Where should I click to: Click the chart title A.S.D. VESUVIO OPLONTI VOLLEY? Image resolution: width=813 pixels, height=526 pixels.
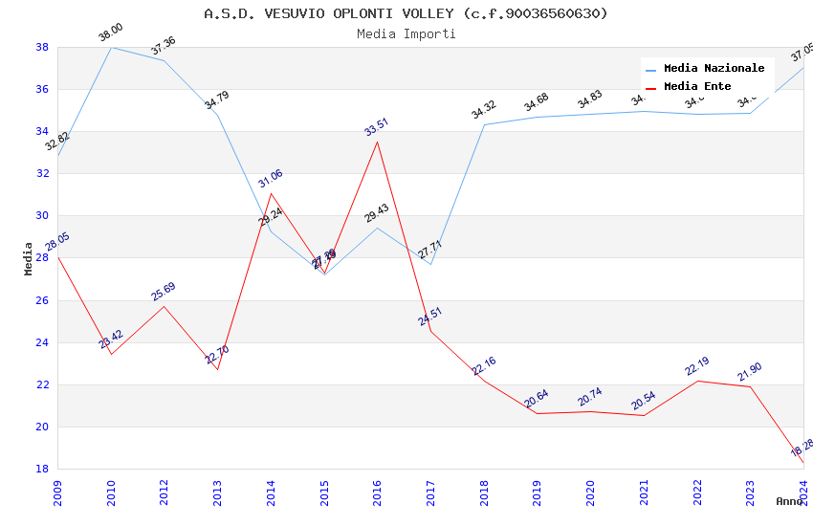point(406,13)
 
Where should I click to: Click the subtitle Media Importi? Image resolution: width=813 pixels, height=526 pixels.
point(406,33)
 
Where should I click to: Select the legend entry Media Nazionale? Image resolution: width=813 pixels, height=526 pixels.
point(714,69)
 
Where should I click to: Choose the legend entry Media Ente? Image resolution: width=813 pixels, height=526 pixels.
point(697,87)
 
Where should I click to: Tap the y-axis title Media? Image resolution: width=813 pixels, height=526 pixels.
point(29,258)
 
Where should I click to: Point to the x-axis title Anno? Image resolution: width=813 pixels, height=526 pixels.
point(789,501)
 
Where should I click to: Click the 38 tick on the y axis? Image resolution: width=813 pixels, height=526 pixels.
point(42,47)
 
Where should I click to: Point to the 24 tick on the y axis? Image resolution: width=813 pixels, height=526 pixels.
point(42,342)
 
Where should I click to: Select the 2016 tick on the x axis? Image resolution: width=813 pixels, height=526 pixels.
point(377,490)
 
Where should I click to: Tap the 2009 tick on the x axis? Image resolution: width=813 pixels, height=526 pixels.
point(57,490)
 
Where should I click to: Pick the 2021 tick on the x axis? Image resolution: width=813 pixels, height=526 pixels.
point(644,490)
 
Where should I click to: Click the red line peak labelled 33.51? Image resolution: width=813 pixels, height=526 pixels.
point(377,142)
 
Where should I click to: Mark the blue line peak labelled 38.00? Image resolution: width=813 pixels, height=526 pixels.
point(111,47)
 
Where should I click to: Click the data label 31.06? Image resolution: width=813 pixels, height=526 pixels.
point(270,179)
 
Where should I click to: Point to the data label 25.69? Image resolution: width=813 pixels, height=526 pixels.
point(164,292)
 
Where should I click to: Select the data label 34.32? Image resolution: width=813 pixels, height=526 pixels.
point(484,110)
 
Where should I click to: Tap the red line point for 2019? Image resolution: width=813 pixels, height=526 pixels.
point(537,413)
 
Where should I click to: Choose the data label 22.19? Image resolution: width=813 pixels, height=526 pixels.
point(697,367)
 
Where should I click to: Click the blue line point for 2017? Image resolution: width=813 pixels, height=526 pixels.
point(430,264)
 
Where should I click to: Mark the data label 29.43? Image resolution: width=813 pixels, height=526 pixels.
point(377,213)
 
